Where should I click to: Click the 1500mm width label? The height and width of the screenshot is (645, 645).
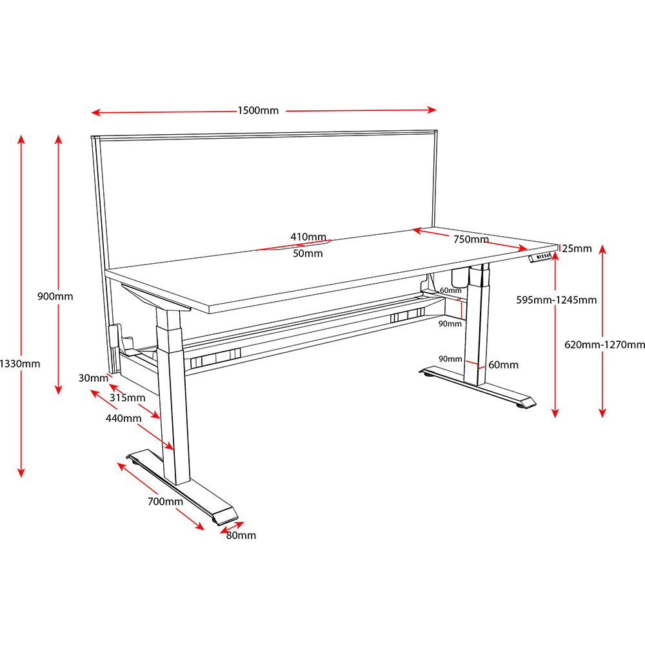[x=258, y=110]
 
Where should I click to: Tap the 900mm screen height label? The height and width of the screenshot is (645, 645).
[x=55, y=296]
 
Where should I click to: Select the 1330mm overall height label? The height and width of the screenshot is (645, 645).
[x=20, y=364]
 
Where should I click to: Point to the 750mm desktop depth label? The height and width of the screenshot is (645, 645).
[x=471, y=239]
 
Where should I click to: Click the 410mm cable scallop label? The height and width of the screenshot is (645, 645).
[x=308, y=237]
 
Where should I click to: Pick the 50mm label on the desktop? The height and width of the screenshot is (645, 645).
[x=308, y=253]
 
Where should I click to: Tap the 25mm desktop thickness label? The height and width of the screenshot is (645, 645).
[x=577, y=248]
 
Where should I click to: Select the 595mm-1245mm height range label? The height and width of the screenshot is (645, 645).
[x=557, y=300]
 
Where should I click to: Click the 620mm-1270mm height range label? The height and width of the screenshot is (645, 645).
[x=604, y=344]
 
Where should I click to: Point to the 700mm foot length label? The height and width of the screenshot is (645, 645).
[x=165, y=501]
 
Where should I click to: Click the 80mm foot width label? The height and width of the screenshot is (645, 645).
[x=241, y=535]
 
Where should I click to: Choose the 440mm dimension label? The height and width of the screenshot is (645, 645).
[x=123, y=419]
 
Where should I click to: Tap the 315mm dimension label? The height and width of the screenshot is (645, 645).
[x=127, y=398]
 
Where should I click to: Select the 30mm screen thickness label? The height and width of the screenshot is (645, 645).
[x=94, y=378]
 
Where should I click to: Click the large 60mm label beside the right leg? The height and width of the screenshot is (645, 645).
[x=503, y=365]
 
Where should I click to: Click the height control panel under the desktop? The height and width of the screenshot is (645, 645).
[x=540, y=257]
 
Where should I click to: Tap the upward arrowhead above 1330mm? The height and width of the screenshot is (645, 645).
[x=21, y=139]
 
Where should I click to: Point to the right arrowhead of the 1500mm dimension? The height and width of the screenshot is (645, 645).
[x=432, y=110]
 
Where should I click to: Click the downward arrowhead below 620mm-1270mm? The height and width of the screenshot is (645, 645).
[x=602, y=413]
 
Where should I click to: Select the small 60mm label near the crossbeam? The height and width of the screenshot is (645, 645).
[x=451, y=290]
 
